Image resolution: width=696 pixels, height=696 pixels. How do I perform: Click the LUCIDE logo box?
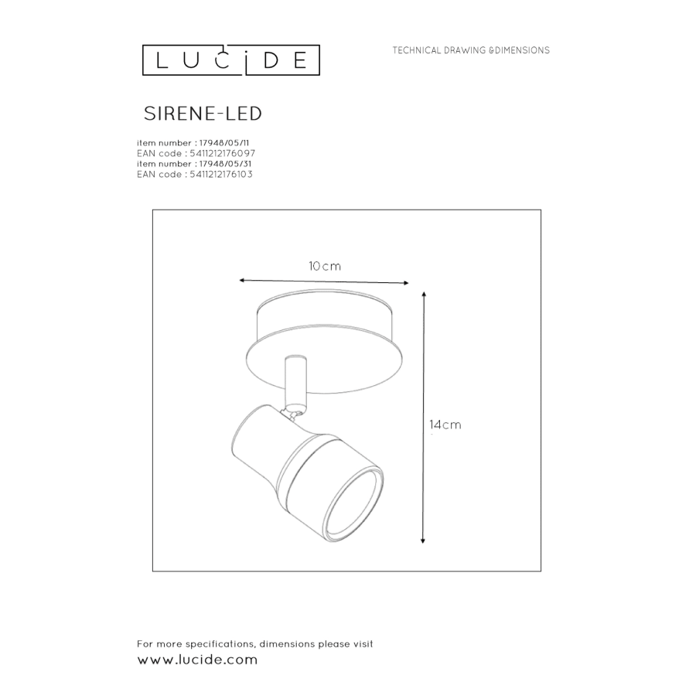click(230, 60)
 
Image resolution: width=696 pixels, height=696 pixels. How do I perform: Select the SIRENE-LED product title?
click(203, 114)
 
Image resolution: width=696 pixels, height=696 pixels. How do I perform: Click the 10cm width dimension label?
click(325, 266)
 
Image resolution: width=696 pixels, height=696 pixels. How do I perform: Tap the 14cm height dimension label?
click(445, 425)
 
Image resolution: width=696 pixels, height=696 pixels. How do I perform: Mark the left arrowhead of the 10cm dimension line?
click(242, 280)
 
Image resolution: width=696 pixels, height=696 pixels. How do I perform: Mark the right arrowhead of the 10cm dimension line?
click(406, 283)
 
